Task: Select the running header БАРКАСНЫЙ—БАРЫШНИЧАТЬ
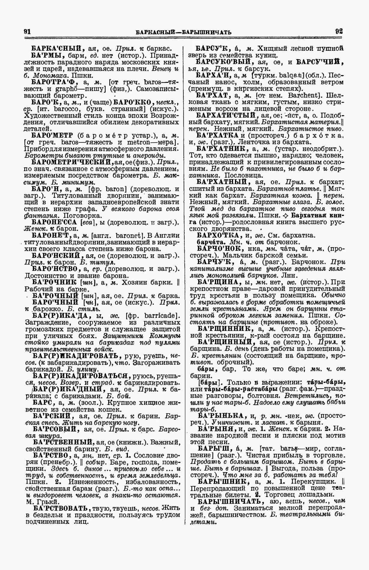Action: point(183,32)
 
